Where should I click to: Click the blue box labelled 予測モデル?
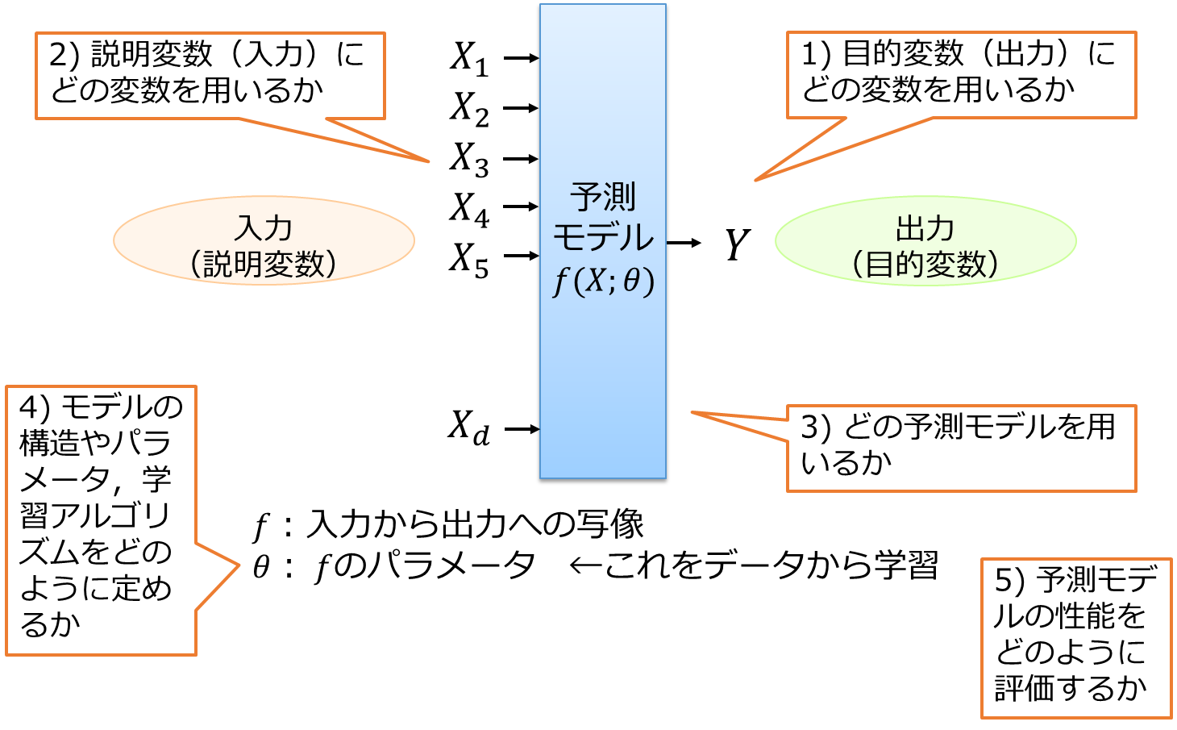[602, 363]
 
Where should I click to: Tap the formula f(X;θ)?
[603, 282]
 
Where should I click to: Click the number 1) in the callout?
[815, 55]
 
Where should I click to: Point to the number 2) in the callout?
[64, 55]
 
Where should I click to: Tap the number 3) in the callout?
[815, 427]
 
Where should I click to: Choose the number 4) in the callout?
[35, 407]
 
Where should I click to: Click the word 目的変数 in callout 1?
[903, 54]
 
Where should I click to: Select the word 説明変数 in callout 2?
[152, 54]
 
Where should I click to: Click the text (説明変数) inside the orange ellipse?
[264, 264]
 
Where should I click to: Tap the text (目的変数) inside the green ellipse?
[925, 264]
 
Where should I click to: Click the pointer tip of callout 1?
[755, 180]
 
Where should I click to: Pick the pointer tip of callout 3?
[692, 413]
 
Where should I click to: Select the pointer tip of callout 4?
[239, 565]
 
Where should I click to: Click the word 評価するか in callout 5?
[1071, 688]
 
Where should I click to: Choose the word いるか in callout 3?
[846, 463]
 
